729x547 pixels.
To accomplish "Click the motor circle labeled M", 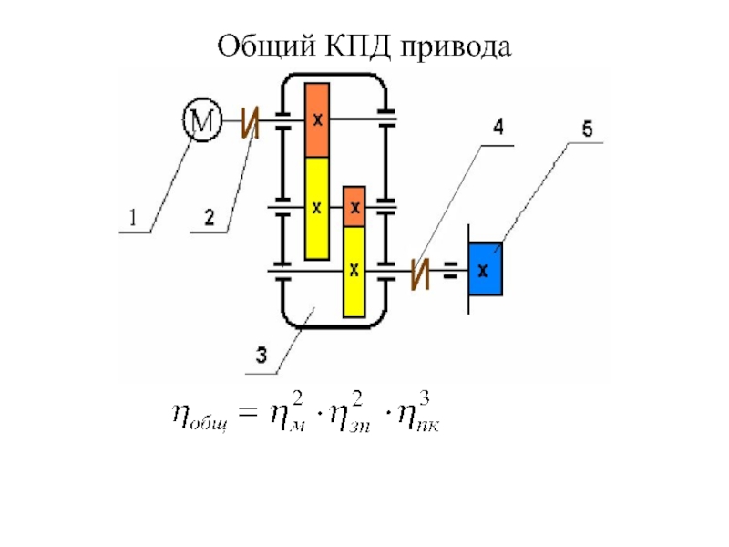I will pos(202,120).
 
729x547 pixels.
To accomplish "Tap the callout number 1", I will pos(133,218).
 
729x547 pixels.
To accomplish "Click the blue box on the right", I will pos(485,269).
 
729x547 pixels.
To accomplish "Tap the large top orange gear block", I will pos(316,120).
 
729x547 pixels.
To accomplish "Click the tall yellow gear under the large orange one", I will pos(316,208).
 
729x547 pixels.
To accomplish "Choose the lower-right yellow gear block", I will pos(354,271).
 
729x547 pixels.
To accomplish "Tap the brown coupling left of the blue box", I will pos(420,273).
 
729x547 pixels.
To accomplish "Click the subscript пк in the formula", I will pos(428,427).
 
